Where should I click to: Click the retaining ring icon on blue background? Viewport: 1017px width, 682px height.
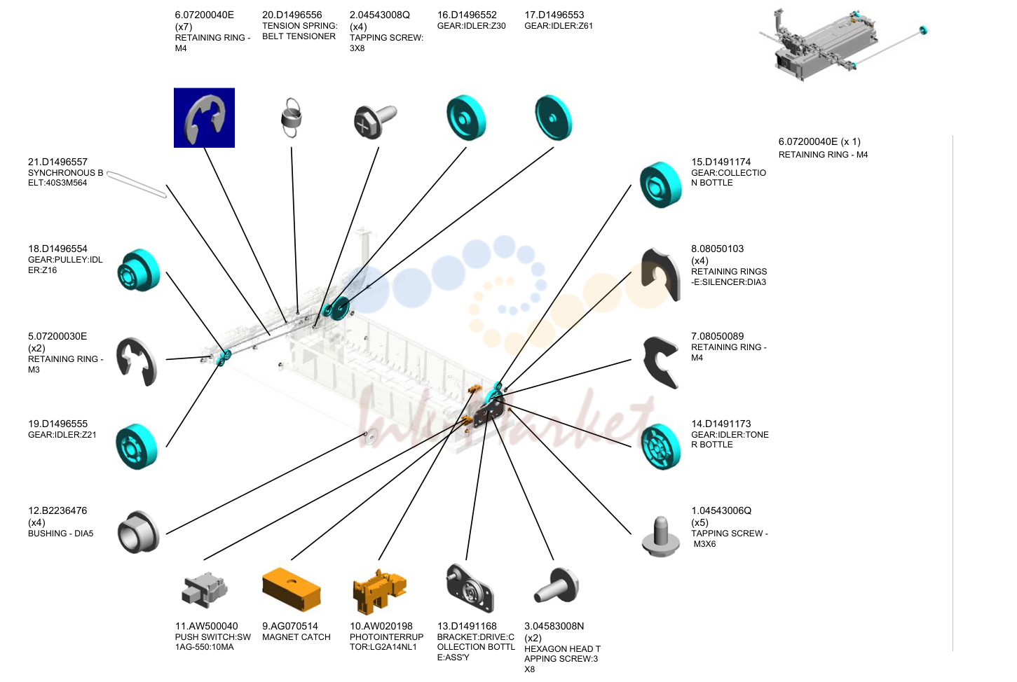(x=204, y=118)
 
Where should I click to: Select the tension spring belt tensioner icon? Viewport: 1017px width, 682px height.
(x=291, y=117)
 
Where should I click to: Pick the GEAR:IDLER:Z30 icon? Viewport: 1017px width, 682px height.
(x=466, y=118)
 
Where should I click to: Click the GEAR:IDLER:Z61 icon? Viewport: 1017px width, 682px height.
(x=554, y=118)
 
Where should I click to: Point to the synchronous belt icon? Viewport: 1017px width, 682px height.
(x=137, y=185)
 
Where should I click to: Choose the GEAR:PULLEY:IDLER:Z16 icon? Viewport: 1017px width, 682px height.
(x=139, y=270)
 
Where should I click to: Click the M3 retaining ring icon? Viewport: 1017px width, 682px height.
(x=137, y=361)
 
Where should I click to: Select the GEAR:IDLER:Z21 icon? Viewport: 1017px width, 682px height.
(x=137, y=446)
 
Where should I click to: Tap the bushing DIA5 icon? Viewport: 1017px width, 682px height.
(x=139, y=532)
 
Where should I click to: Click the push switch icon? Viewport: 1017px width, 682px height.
(x=204, y=590)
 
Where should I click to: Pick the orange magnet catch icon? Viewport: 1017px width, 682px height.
(x=292, y=589)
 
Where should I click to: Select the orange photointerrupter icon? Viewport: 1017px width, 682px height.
(x=380, y=591)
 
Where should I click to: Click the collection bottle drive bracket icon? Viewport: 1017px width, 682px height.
(x=470, y=588)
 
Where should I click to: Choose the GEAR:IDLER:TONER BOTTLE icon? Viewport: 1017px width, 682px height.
(x=661, y=447)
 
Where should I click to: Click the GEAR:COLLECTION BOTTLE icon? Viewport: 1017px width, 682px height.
(x=661, y=185)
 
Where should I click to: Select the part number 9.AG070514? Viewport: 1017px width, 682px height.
(x=290, y=626)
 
